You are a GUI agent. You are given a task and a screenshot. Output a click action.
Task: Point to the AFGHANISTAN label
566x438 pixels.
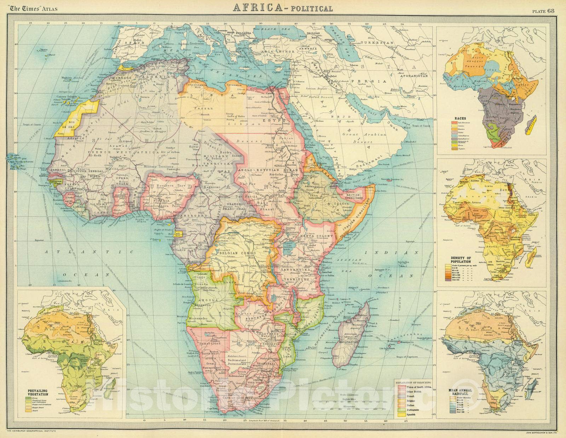(x=414, y=76)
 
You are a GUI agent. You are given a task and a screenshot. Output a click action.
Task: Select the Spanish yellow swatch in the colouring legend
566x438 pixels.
(x=401, y=414)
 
